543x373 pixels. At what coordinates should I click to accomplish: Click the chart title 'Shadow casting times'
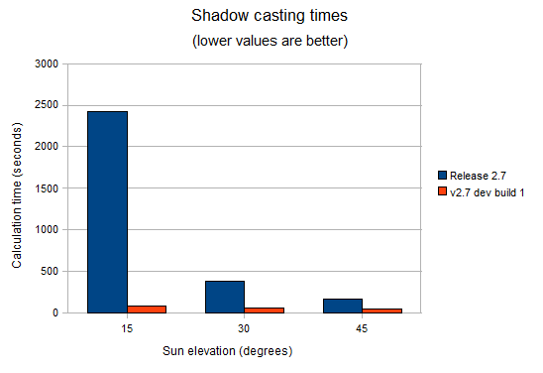point(271,17)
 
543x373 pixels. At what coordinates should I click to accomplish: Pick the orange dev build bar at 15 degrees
point(147,309)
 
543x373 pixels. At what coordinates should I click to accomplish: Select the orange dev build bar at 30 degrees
point(265,310)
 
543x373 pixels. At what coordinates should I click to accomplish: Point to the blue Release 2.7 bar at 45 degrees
point(343,305)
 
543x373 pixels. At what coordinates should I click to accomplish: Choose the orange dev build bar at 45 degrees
point(382,310)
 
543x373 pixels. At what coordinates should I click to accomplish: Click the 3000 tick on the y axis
point(48,63)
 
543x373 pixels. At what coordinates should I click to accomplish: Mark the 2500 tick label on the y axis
point(48,105)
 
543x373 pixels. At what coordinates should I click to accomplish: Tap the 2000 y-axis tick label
point(48,147)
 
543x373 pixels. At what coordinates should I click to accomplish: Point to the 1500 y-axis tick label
point(48,188)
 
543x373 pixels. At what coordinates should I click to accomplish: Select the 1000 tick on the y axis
point(48,230)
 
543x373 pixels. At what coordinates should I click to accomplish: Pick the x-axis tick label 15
point(127,327)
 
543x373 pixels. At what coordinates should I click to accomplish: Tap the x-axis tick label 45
point(363,327)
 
